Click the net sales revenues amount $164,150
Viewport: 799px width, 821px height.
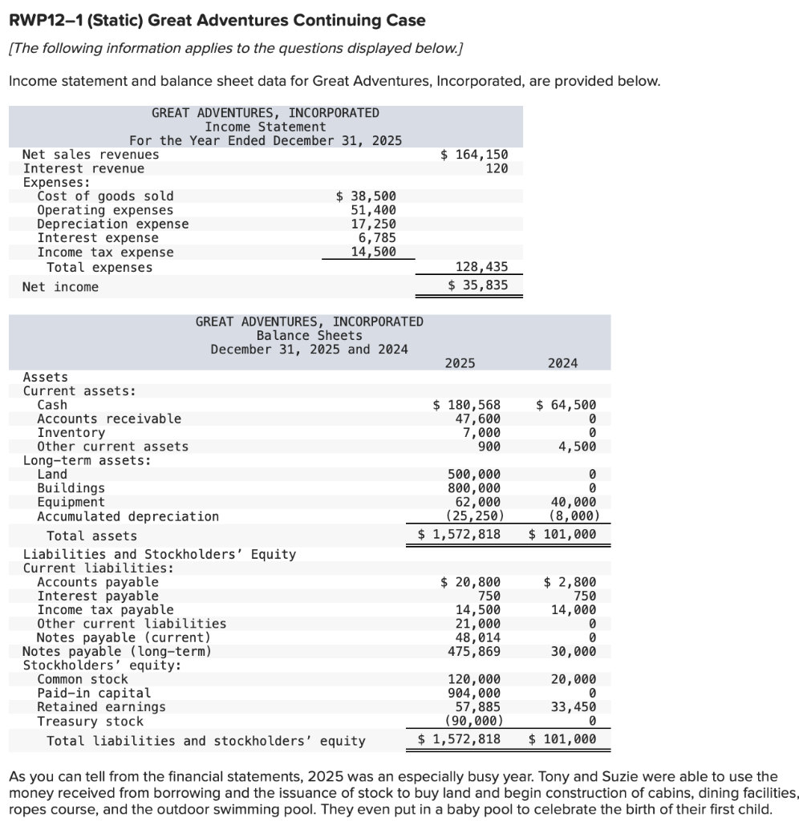point(474,154)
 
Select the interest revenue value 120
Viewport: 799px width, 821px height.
point(497,168)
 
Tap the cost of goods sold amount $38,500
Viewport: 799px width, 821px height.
point(365,196)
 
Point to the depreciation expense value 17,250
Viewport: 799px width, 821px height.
point(374,224)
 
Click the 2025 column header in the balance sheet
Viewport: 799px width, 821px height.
point(460,363)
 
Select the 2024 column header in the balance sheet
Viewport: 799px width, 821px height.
point(563,363)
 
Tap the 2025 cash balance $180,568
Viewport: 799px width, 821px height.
point(467,405)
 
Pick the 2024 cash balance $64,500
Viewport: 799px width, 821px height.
point(566,405)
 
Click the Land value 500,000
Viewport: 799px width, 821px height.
point(473,474)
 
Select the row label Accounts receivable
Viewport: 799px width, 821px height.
point(109,419)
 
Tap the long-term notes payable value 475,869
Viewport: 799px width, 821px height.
point(473,651)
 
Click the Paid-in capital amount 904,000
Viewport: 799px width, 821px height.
point(473,693)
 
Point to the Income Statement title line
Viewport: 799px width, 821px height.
point(265,127)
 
